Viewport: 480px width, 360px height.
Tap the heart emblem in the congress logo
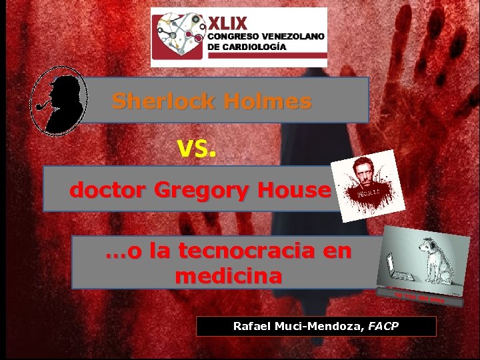[x=176, y=37]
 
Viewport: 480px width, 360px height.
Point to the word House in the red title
[x=295, y=190]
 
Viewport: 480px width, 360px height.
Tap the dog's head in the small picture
[x=429, y=247]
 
